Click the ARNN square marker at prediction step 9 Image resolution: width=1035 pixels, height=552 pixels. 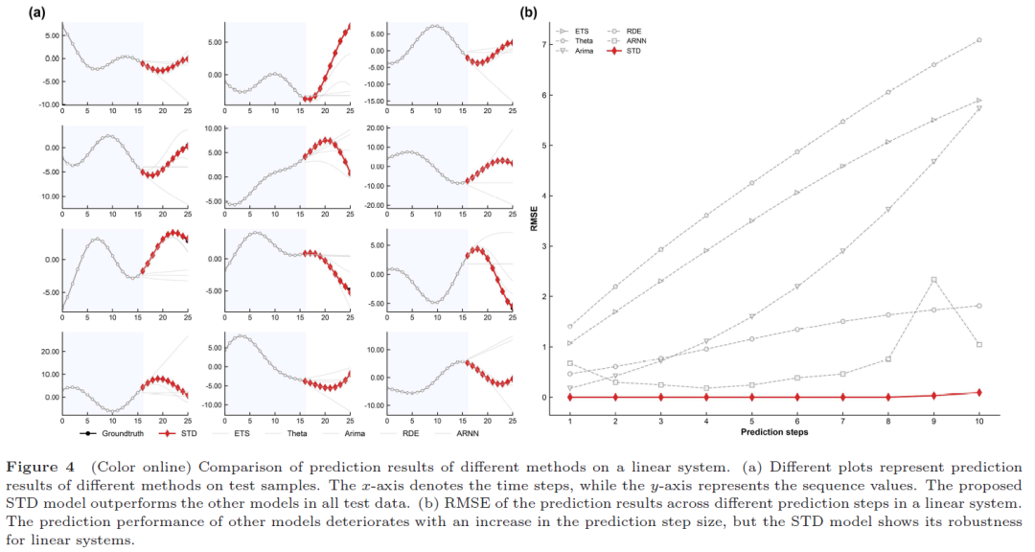click(x=934, y=280)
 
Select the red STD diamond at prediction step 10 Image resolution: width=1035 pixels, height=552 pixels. click(x=979, y=392)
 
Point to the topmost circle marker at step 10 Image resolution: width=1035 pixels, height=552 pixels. click(x=979, y=40)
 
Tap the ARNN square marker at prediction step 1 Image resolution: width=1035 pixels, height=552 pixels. click(x=569, y=363)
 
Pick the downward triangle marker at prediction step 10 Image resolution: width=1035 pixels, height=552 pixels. click(x=979, y=108)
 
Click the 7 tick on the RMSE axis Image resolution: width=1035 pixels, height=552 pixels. click(x=544, y=45)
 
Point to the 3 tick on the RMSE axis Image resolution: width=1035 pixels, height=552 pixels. click(x=544, y=246)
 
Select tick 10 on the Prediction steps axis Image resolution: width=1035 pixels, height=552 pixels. click(x=979, y=422)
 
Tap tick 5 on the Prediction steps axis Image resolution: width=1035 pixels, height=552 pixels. click(x=752, y=422)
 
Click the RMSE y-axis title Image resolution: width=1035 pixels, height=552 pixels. click(x=534, y=218)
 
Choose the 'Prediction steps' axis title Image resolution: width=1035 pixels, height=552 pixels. click(x=774, y=432)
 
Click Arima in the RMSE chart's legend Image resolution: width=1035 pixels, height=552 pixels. click(x=584, y=51)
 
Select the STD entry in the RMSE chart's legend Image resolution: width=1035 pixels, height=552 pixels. click(x=633, y=51)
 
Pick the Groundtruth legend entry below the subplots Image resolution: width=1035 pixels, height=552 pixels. click(x=123, y=434)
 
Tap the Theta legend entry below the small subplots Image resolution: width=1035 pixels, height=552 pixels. click(x=297, y=434)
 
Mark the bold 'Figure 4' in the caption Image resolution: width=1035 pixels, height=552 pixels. click(x=41, y=468)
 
